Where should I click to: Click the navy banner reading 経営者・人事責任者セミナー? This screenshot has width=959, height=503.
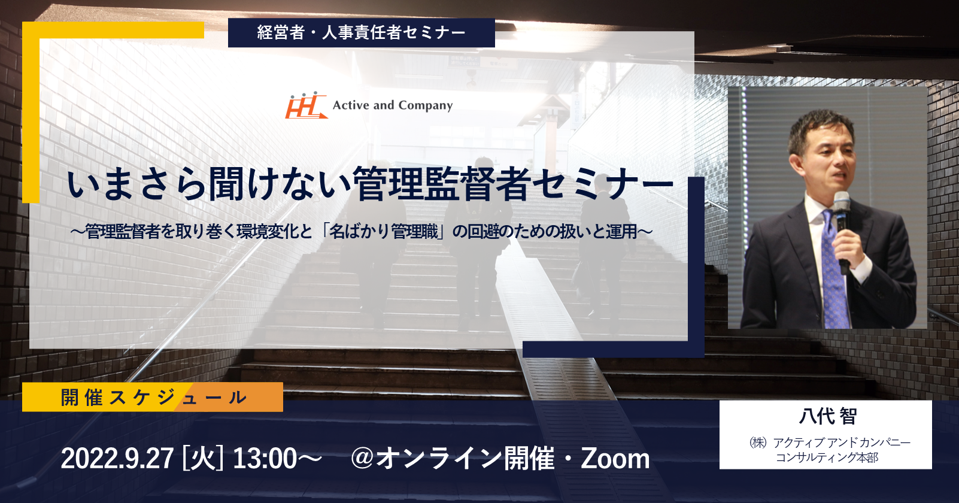[362, 32]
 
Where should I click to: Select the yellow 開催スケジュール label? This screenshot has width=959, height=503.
[153, 397]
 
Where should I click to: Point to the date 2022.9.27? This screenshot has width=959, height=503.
[117, 459]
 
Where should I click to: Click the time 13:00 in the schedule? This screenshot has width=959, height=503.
[265, 459]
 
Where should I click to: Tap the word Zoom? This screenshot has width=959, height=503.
[615, 459]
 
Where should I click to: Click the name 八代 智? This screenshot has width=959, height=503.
[827, 416]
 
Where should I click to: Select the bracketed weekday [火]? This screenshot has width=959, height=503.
[203, 459]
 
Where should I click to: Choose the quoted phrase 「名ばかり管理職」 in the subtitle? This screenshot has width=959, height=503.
[386, 232]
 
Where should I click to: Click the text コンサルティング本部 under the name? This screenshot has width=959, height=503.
[827, 457]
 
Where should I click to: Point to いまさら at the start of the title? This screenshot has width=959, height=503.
[135, 185]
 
